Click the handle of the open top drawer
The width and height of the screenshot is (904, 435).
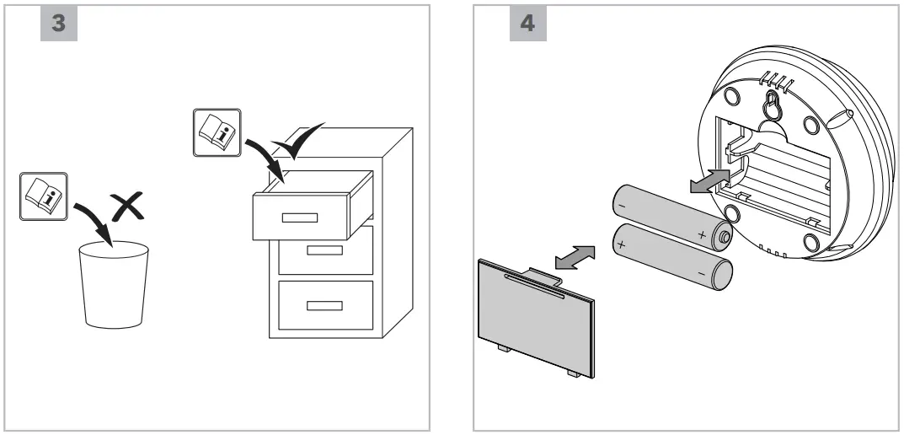pyautogui.click(x=299, y=217)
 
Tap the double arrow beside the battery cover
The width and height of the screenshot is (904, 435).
pyautogui.click(x=571, y=256)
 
